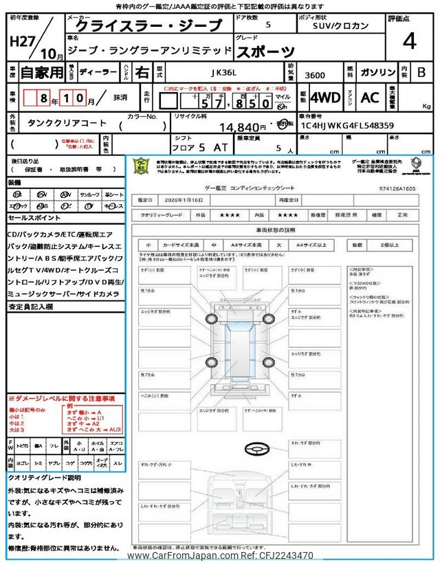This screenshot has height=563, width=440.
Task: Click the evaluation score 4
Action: tap(410, 41)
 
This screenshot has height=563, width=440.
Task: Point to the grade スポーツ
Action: tap(265, 51)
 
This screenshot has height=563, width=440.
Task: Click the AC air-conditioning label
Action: tap(370, 98)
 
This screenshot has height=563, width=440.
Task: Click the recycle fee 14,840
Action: tap(242, 127)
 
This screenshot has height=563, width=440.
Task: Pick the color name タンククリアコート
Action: tap(67, 123)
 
